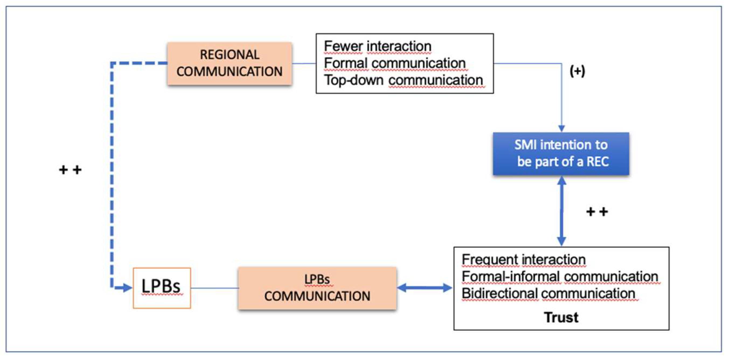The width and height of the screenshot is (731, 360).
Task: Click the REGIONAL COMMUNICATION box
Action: pos(229,63)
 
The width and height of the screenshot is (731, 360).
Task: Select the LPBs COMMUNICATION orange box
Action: pos(317,288)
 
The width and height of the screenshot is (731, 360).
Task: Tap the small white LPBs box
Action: pos(162,288)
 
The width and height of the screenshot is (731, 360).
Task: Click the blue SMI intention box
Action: pos(561,153)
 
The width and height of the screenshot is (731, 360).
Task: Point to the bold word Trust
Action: pos(561,317)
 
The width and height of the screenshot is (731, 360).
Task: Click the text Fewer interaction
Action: pos(377,46)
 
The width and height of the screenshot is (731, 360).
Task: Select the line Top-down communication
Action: pos(403,80)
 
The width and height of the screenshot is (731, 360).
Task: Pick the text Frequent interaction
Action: pos(524,260)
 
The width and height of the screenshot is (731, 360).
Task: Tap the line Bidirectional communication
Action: pos(548,293)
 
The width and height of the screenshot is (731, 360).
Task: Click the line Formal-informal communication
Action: pos(560,277)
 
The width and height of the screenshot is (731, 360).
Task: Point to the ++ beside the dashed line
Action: pos(70,170)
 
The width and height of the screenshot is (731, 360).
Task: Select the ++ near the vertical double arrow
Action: pos(597,212)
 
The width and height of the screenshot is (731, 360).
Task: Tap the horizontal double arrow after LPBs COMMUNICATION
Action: pos(425,288)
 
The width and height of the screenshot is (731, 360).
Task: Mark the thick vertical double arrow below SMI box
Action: pos(561,211)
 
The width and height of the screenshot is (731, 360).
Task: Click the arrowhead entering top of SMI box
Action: pos(561,128)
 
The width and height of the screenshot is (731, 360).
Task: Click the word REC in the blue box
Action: pos(597,162)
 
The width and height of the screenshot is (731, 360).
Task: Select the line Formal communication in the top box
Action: pos(394,63)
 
